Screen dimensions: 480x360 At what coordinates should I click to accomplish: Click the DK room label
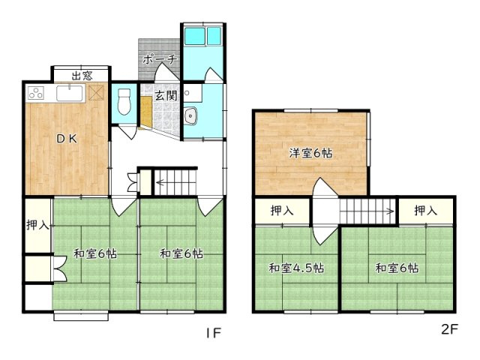click(x=67, y=139)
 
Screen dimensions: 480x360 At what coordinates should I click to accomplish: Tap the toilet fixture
click(x=124, y=102)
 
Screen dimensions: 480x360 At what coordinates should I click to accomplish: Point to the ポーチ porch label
click(x=160, y=59)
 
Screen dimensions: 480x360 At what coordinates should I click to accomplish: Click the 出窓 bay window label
click(x=82, y=76)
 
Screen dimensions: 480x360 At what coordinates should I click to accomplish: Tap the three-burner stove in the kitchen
click(x=36, y=92)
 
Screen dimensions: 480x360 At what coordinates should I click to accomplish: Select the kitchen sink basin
click(x=70, y=93)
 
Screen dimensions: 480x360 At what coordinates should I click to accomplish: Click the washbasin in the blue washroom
click(x=191, y=116)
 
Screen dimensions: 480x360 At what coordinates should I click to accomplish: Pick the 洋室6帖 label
click(x=310, y=153)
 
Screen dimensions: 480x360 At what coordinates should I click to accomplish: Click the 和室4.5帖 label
click(x=296, y=268)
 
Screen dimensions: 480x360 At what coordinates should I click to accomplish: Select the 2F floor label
click(x=449, y=329)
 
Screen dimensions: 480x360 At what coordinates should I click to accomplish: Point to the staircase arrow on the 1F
click(x=175, y=183)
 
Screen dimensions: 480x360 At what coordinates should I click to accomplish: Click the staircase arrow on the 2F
click(x=367, y=211)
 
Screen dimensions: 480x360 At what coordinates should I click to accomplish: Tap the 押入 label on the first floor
click(x=37, y=225)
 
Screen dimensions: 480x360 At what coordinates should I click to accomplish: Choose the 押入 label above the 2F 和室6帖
click(x=425, y=210)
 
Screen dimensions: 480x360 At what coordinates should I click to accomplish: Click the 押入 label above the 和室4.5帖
click(x=282, y=210)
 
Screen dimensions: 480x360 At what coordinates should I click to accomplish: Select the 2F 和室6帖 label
click(x=397, y=268)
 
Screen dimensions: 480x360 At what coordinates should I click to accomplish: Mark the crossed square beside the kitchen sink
click(x=96, y=92)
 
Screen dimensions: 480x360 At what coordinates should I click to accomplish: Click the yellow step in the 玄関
click(x=146, y=112)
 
